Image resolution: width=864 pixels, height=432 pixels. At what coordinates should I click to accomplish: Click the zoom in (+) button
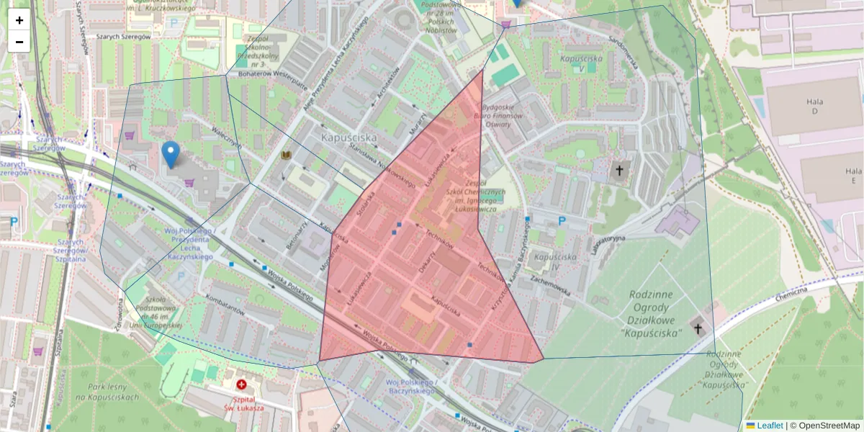tap(19, 19)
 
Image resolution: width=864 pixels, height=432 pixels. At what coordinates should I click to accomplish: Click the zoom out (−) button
tap(19, 42)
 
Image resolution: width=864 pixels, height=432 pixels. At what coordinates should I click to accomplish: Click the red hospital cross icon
tap(241, 385)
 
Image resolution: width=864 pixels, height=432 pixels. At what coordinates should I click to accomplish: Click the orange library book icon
tap(286, 155)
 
